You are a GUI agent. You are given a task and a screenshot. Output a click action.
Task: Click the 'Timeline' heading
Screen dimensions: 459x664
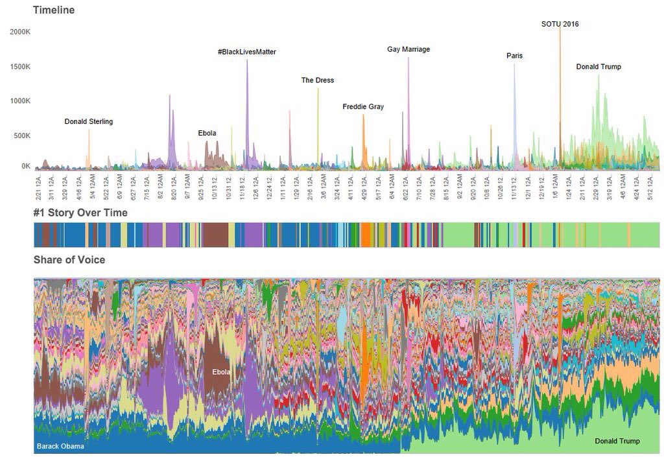54,10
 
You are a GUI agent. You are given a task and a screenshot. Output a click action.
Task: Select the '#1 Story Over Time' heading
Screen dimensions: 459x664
80,213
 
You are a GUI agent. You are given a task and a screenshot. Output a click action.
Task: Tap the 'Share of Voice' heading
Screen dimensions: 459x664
69,260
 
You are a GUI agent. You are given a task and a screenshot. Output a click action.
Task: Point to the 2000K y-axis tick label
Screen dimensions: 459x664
19,32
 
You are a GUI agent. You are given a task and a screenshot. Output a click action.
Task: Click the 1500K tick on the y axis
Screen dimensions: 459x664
19,67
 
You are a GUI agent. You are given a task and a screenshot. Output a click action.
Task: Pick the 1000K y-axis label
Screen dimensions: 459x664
19,101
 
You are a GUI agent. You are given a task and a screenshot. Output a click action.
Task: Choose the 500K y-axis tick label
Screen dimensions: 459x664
21,135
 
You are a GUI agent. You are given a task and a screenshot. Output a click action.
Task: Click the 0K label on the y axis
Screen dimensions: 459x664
25,166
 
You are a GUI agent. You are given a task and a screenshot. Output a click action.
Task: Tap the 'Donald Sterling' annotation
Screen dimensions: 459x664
89,121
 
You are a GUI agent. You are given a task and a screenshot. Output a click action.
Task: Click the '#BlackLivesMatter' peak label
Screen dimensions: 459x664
247,51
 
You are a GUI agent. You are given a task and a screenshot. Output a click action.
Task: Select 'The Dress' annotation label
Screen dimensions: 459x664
318,80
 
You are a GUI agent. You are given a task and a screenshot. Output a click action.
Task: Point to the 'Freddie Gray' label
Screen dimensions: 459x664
363,106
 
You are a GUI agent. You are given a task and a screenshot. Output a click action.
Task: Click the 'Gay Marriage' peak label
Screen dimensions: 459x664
409,49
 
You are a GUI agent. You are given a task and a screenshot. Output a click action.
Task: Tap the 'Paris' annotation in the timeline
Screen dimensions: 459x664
514,56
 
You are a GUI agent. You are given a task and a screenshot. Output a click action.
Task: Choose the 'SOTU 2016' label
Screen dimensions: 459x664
560,24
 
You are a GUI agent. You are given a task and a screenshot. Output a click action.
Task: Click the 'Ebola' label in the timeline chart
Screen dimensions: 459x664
207,134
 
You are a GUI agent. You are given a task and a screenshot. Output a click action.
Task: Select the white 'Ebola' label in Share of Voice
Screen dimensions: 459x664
221,372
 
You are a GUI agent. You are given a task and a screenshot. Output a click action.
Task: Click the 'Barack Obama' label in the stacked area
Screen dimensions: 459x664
60,446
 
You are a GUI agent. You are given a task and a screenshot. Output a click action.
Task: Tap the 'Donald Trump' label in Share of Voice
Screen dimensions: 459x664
617,441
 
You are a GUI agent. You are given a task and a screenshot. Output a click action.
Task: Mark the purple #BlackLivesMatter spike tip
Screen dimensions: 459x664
247,60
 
